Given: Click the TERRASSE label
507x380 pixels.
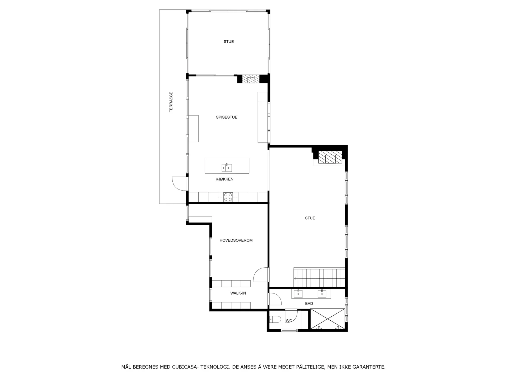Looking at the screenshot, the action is (x=171, y=102).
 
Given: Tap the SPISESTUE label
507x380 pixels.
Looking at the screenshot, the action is (x=227, y=117).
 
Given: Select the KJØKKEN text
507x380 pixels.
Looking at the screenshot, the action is (x=224, y=179).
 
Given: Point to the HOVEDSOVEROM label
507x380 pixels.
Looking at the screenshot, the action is (x=236, y=240).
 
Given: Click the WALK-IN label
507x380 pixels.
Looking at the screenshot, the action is (x=238, y=293).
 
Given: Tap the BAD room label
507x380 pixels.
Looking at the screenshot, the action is (x=309, y=303).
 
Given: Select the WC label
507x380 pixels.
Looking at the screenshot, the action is (x=289, y=321).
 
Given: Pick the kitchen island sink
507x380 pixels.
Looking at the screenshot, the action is (x=227, y=168).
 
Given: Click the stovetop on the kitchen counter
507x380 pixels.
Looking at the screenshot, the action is (x=228, y=197).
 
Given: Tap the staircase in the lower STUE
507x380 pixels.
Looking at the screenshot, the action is (x=320, y=277).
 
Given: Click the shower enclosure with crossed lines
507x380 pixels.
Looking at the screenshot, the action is (x=327, y=319).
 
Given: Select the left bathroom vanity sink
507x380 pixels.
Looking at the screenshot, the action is (x=298, y=294).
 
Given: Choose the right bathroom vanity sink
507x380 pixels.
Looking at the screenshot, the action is (x=322, y=294).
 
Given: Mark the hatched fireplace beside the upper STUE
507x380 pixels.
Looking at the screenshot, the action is (x=251, y=79).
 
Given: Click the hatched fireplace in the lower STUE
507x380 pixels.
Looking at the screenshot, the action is (x=330, y=157).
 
